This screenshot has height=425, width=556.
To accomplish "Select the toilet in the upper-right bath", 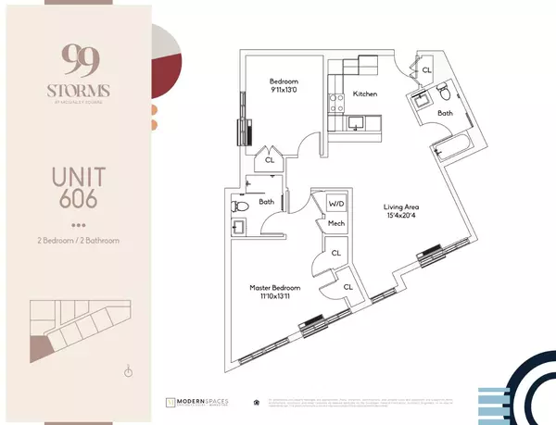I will coord(444,94).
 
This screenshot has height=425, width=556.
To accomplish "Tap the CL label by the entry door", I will coord(426,70).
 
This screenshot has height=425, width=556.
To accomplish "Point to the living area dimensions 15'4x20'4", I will coord(406,219).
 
